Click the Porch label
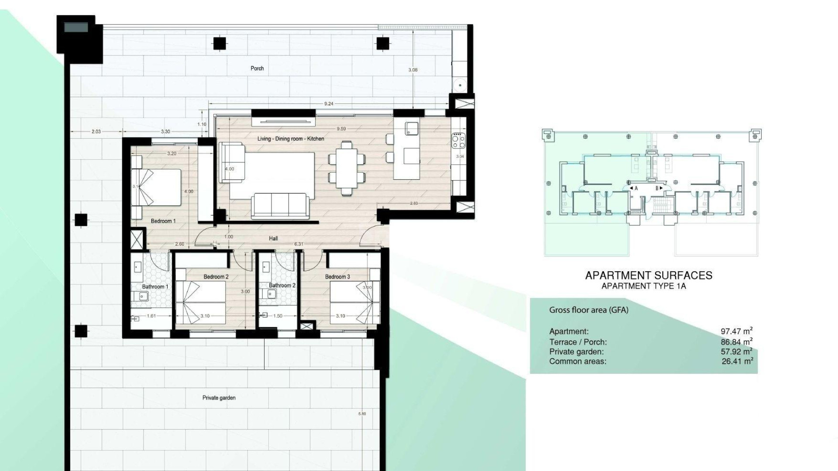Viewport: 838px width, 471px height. [x=257, y=68]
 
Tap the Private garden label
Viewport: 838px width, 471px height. [x=219, y=398]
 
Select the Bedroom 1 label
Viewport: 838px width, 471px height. [x=163, y=221]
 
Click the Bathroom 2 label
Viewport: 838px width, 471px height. [x=282, y=286]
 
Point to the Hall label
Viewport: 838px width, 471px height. [x=273, y=239]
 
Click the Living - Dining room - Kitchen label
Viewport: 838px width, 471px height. [x=291, y=139]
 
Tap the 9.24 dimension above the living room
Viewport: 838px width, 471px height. [x=329, y=104]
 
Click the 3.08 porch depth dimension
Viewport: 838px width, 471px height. [x=412, y=70]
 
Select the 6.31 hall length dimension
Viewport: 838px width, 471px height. [x=299, y=244]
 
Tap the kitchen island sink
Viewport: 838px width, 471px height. [x=412, y=128]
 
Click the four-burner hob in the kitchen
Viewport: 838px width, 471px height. [x=458, y=140]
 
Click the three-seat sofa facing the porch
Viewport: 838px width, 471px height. [x=280, y=206]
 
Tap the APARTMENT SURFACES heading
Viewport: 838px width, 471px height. [x=648, y=276]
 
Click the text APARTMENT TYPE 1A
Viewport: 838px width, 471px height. [x=644, y=286]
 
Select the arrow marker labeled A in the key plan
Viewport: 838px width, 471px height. [x=634, y=188]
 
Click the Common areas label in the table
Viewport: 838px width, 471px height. [x=577, y=361]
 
